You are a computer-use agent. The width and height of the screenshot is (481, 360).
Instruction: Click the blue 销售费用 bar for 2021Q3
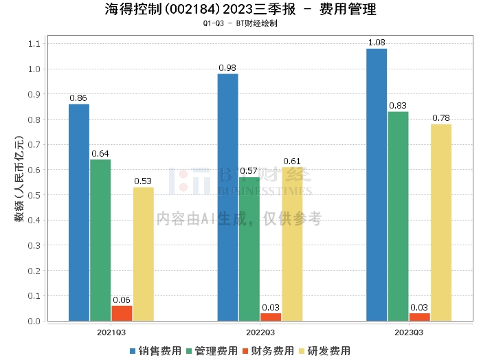79,212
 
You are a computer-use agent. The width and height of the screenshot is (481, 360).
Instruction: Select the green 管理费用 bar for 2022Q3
249,249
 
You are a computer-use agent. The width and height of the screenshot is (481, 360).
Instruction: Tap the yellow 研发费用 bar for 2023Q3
441,223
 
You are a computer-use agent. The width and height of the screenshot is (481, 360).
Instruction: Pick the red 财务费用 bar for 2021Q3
122,313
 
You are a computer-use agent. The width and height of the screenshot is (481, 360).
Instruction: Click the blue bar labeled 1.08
377,185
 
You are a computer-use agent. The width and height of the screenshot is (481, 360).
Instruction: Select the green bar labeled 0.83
398,216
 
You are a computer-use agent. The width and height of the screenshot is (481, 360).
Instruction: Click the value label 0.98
227,67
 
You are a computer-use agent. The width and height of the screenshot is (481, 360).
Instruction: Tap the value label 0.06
122,300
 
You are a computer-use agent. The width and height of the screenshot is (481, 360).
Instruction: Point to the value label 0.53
143,181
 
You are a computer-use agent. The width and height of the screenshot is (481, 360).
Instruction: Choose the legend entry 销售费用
155,350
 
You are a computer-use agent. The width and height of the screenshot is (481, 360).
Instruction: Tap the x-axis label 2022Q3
260,332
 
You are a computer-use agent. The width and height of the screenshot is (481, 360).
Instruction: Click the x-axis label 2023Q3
409,332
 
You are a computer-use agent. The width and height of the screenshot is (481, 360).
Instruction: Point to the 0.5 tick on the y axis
34,195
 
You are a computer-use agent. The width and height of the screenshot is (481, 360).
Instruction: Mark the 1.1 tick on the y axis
34,44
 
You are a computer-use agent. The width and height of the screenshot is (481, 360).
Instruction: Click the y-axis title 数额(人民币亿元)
19,181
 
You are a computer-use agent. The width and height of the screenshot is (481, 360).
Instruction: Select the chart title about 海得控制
240,10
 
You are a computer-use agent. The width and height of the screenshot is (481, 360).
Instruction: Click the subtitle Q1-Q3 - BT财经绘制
240,23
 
